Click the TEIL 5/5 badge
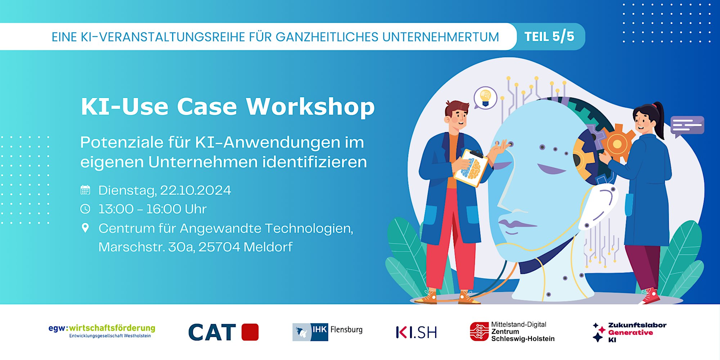[x=549, y=36]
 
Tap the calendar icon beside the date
[x=85, y=190]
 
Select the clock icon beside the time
[x=85, y=209]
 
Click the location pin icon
[x=85, y=228]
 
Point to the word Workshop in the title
[x=310, y=107]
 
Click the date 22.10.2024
[x=195, y=190]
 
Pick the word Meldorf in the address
[x=268, y=247]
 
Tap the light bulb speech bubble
[x=485, y=98]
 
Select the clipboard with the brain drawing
[x=471, y=168]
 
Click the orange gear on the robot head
[x=617, y=144]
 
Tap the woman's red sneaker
[x=650, y=296]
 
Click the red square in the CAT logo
[x=250, y=332]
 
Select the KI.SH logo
[x=417, y=332]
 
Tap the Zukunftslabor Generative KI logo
[x=630, y=332]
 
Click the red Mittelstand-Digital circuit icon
[x=479, y=332]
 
